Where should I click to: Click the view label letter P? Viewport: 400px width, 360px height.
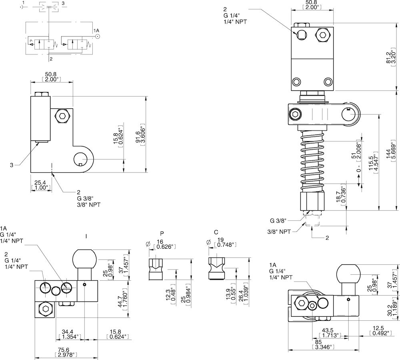click(x=162, y=233)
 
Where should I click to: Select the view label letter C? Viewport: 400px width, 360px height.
click(x=216, y=232)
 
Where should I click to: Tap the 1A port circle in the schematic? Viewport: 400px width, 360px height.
click(x=98, y=36)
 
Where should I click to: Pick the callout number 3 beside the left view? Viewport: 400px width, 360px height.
click(x=12, y=165)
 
